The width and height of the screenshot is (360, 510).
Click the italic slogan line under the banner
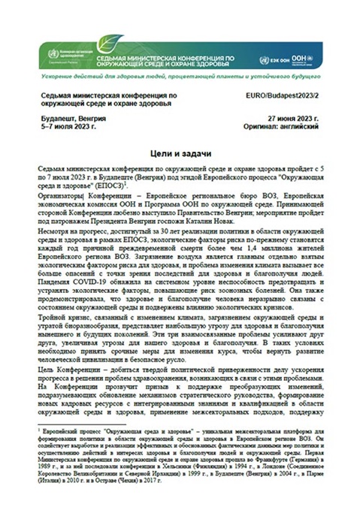[x=179, y=80]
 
